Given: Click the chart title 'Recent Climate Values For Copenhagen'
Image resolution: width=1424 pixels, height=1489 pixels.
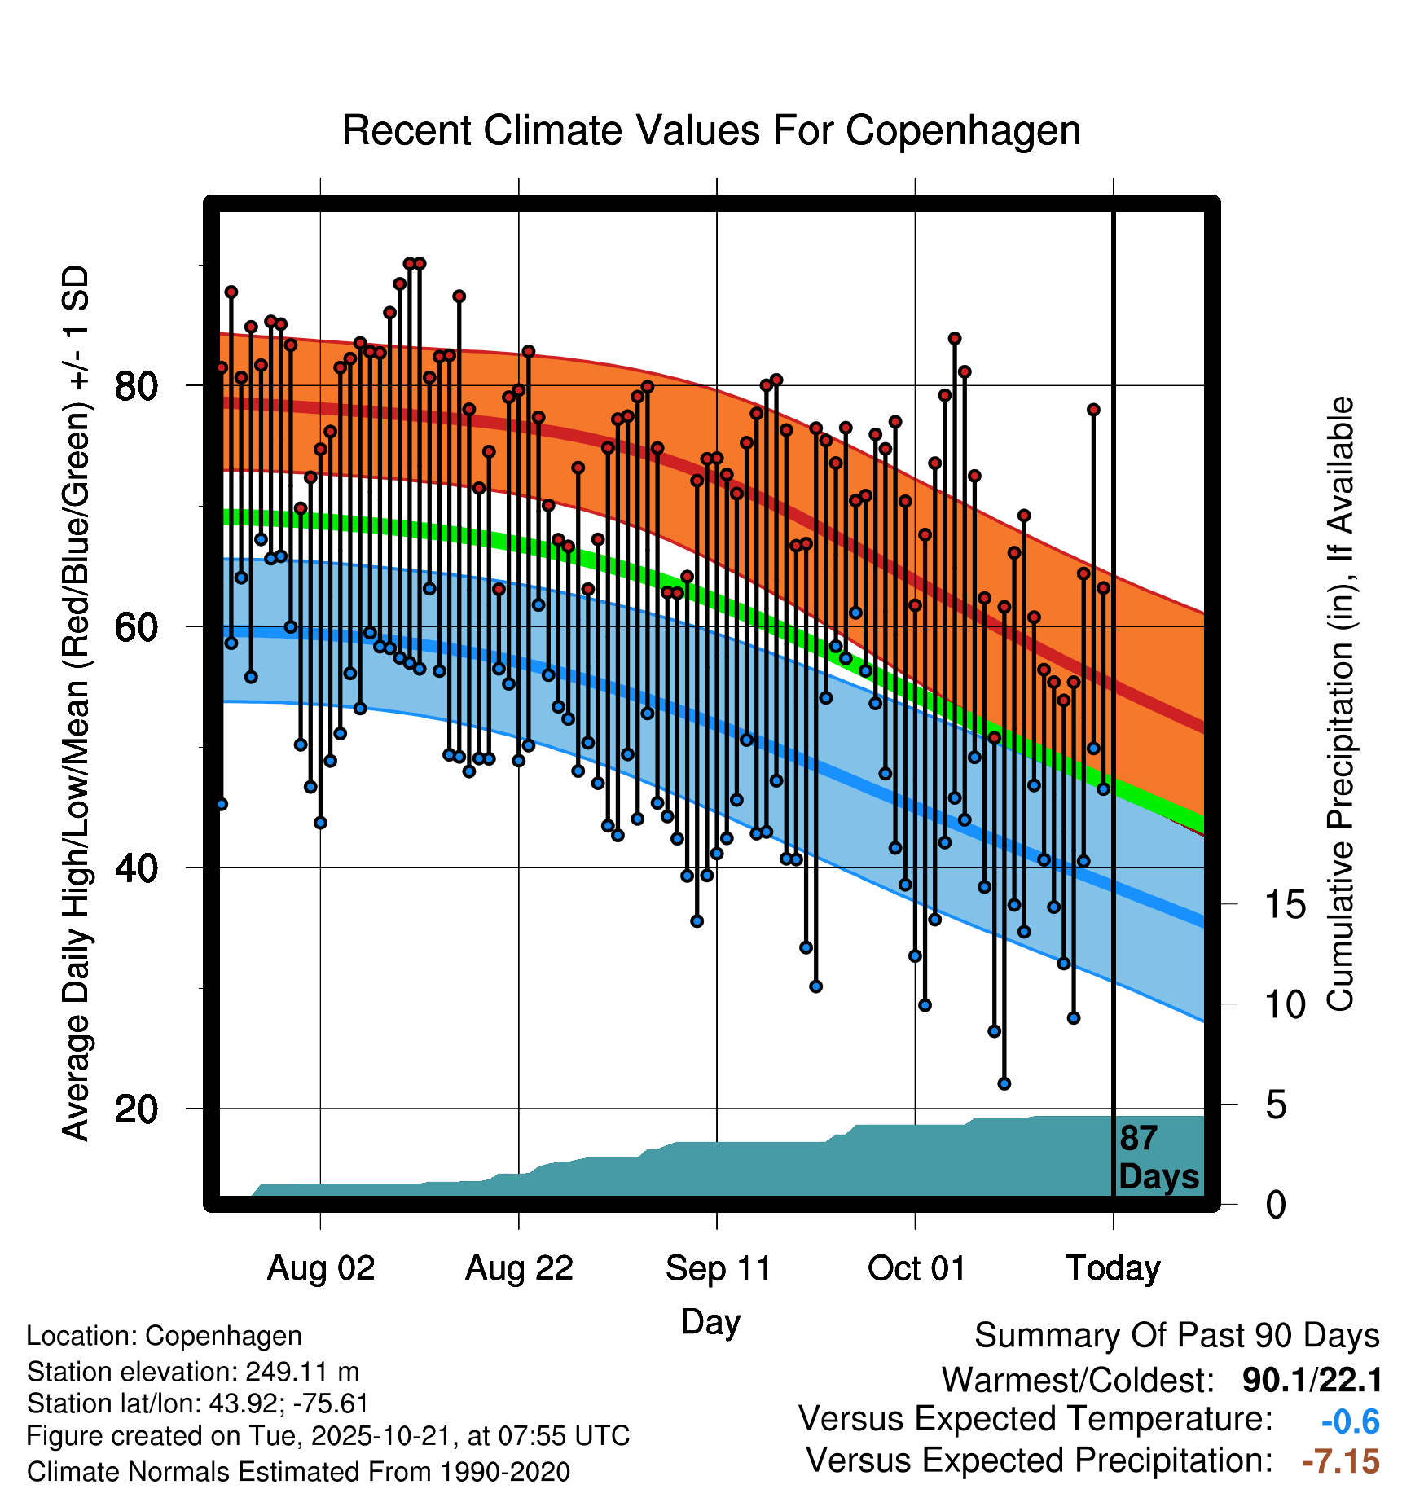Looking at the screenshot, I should (x=711, y=130).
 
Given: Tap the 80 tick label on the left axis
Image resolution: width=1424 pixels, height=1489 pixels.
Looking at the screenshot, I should (x=136, y=385).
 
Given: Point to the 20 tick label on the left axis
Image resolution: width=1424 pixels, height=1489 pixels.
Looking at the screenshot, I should (x=136, y=1109).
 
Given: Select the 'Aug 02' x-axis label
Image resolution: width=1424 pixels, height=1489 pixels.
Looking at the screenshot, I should (x=321, y=1268).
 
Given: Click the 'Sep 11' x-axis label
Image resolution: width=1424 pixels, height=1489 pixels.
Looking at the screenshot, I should (x=718, y=1268).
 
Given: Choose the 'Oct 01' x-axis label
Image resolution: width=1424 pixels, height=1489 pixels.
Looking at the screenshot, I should (x=916, y=1268).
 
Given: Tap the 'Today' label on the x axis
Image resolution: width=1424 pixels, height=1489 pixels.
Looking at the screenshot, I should (x=1113, y=1268).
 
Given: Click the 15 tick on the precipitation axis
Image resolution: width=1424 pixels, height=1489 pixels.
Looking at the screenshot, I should (x=1286, y=905).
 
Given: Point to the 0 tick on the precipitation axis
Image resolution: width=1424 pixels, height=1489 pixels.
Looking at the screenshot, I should (x=1276, y=1205).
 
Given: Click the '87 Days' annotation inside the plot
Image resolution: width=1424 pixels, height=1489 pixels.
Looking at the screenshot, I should (x=1158, y=1158).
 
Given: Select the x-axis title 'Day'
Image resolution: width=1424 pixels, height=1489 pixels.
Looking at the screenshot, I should (x=710, y=1321).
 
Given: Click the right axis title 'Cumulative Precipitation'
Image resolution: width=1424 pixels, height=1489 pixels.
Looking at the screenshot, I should (x=1340, y=705).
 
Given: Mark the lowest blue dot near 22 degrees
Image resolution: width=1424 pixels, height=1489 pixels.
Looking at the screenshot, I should (x=1004, y=1083).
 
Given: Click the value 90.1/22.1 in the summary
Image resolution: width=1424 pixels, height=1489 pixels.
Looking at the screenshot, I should (x=1312, y=1380).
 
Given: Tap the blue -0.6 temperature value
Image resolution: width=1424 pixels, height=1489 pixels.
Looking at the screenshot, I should (x=1350, y=1421).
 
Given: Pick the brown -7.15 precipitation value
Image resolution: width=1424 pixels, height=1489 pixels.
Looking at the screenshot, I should (x=1341, y=1461).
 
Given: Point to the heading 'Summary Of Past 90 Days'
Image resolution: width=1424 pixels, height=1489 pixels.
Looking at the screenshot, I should (x=1176, y=1336).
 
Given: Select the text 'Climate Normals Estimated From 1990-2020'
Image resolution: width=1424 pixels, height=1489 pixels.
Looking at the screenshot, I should (x=298, y=1471).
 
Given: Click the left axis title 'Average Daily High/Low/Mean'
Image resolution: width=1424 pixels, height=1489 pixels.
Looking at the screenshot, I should (x=75, y=705).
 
